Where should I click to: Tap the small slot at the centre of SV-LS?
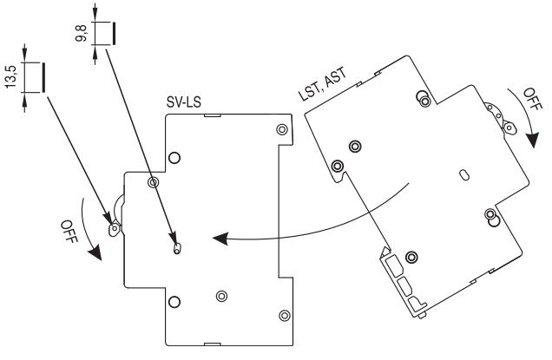pyautogui.click(x=177, y=248)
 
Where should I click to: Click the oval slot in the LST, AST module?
pyautogui.click(x=464, y=175)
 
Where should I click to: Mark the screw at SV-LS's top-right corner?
pyautogui.click(x=281, y=129)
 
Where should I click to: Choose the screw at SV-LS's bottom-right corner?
pyautogui.click(x=283, y=313)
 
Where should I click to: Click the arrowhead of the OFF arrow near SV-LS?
pyautogui.click(x=95, y=255)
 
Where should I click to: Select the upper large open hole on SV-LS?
pyautogui.click(x=174, y=158)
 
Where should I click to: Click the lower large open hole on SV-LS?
pyautogui.click(x=174, y=302)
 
